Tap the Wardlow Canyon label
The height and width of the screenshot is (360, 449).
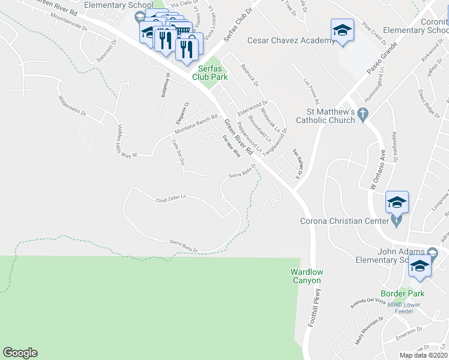coord(307,276)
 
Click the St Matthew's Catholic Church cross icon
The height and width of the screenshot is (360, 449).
coord(363,114)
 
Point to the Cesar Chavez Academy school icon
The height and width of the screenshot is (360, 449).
coord(342,31)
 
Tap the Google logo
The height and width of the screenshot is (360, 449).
coord(20,353)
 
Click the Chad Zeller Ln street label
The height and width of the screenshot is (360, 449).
coord(171,199)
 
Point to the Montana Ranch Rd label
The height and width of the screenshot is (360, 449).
coord(196,124)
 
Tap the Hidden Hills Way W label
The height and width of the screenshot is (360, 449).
coord(125,142)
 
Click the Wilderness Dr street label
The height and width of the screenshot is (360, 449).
coord(71,105)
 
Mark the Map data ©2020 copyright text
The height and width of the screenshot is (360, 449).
coord(423,355)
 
